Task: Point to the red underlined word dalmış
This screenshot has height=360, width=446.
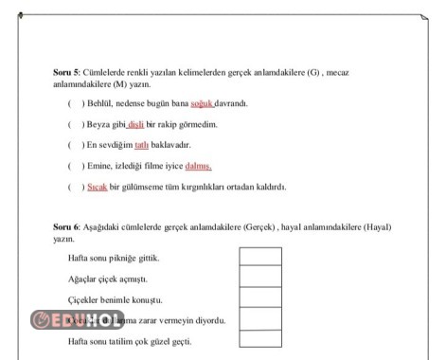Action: point(198,166)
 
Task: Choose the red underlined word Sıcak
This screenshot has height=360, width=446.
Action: point(98,187)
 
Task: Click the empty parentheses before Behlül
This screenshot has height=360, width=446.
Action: point(74,103)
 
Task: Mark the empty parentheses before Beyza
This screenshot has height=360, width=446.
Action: point(74,124)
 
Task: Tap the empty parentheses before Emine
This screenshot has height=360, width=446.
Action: point(74,166)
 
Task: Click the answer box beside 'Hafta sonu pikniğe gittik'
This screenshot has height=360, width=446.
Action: point(260,257)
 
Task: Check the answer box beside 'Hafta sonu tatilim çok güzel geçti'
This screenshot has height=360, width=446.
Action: point(260,339)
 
